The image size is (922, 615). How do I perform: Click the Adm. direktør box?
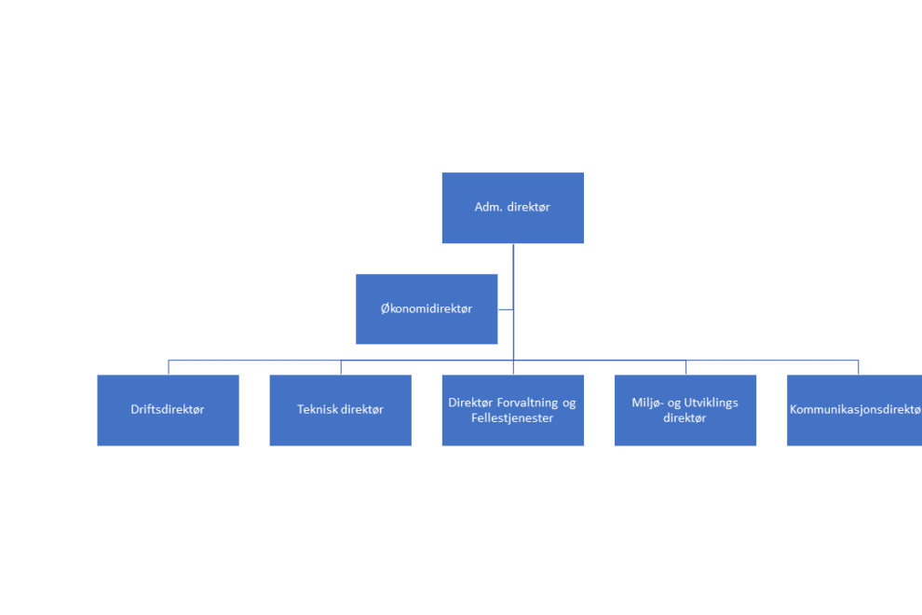pos(513,208)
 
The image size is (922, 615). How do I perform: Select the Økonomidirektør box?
pos(427,309)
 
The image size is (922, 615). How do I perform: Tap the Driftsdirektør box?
pos(169,410)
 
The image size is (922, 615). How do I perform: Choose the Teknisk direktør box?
pos(341,410)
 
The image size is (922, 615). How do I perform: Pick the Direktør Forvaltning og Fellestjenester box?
pos(513,410)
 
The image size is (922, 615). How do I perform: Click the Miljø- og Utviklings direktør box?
pos(685,410)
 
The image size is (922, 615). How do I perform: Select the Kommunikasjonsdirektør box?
pos(854,410)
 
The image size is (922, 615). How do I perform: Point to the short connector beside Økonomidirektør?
pos(506,309)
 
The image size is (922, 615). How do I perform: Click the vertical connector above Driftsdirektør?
pos(169,367)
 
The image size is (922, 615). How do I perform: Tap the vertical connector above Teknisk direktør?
pos(341,367)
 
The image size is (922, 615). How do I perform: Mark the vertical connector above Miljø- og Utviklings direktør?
pos(685,367)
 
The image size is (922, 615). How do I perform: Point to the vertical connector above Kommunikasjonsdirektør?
pos(859,367)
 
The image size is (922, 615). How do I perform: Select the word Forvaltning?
pos(527,403)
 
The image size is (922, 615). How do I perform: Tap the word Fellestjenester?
pos(512,417)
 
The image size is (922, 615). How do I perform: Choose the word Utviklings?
pos(711,403)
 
